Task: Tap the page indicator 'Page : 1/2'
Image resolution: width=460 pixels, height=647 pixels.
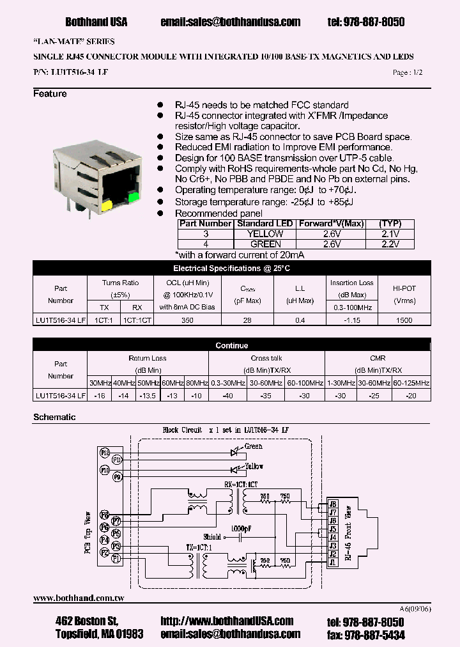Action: coord(408,73)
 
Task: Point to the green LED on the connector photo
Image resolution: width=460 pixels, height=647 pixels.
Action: coord(134,197)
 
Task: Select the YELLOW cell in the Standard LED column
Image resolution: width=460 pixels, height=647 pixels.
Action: coord(265,234)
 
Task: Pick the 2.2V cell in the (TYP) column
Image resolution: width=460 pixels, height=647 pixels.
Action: coord(390,244)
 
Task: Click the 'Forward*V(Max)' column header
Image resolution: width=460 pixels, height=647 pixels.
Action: coord(332,224)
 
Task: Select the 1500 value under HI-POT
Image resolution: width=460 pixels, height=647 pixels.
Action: coord(404,320)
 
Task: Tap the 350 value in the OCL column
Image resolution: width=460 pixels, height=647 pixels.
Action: coord(187,320)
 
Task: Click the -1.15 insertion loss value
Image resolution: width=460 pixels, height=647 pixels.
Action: coord(351,320)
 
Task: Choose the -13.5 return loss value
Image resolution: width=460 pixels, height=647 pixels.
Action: coord(148,396)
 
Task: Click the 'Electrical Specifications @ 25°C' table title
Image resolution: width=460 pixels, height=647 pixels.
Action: coord(231,269)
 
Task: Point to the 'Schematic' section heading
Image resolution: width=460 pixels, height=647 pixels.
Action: coord(54,417)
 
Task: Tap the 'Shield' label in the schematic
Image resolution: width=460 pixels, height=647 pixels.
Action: coord(212,537)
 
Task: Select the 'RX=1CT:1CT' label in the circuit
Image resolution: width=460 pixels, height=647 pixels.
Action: coord(241,484)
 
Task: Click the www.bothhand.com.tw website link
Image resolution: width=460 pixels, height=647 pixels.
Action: coord(78,598)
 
